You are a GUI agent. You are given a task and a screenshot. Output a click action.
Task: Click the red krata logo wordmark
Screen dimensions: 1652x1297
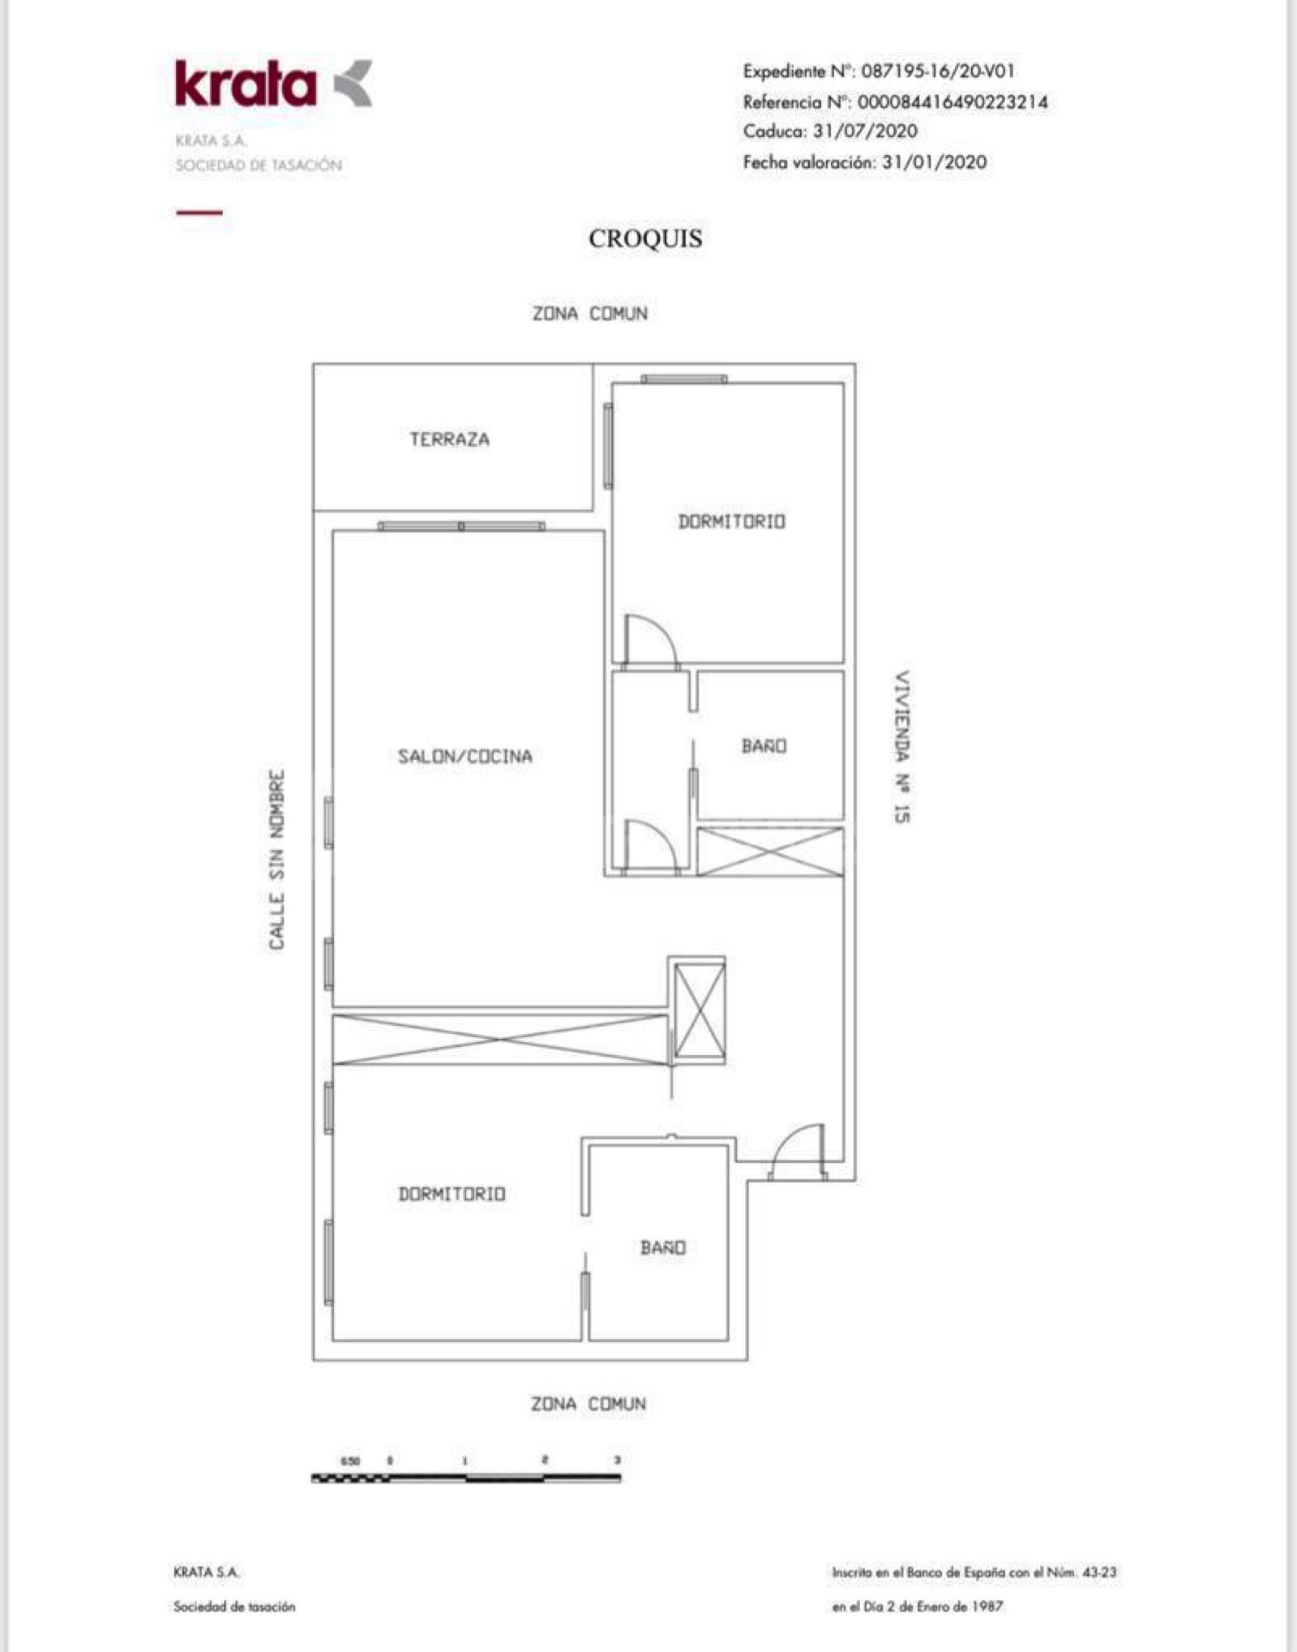click(x=246, y=84)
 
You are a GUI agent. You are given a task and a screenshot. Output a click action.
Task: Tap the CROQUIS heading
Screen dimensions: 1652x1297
click(x=645, y=238)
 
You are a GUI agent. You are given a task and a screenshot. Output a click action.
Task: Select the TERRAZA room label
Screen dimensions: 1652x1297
click(x=449, y=440)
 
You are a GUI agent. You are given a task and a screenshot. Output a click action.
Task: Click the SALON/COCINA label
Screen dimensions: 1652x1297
click(x=464, y=757)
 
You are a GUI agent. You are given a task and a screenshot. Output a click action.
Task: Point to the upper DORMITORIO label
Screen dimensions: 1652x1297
click(x=731, y=521)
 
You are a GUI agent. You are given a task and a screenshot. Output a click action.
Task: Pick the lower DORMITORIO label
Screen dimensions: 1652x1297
click(x=452, y=1194)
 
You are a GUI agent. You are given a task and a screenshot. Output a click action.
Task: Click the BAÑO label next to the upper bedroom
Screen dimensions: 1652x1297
click(x=764, y=746)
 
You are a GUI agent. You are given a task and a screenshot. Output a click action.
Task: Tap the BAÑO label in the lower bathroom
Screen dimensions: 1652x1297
click(x=662, y=1247)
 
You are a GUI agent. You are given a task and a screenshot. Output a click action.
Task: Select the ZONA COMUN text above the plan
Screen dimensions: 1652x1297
click(x=589, y=314)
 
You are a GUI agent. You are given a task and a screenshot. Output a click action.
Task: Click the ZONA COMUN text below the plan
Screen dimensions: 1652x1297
click(x=589, y=1404)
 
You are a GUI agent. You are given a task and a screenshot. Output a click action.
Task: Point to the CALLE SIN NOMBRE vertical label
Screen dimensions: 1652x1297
click(x=277, y=860)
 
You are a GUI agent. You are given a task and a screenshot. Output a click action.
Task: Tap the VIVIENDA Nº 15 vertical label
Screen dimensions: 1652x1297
click(x=901, y=747)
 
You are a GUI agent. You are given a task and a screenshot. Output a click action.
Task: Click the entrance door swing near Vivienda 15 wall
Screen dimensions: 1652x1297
click(x=798, y=1151)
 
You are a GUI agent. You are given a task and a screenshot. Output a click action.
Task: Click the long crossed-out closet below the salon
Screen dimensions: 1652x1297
click(x=500, y=1039)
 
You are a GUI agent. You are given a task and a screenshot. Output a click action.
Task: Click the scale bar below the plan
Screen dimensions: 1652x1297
click(x=466, y=1478)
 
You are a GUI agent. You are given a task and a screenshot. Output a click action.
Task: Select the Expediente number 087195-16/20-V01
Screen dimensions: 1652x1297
click(x=937, y=71)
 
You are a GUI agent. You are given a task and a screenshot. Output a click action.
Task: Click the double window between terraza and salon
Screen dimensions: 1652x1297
click(x=461, y=526)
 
